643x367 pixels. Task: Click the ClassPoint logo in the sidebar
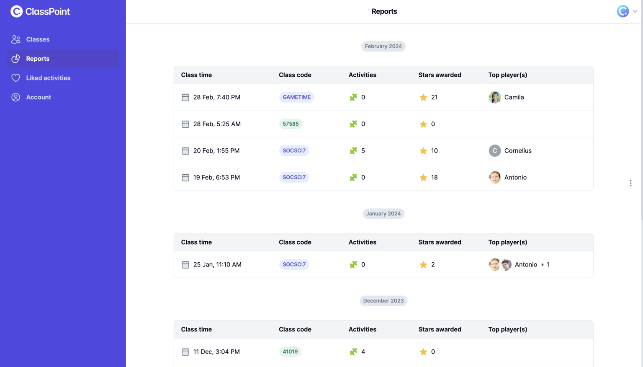tap(40, 12)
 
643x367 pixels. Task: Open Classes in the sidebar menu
tap(38, 39)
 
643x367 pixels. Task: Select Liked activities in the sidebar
tap(48, 78)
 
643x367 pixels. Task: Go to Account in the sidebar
tap(39, 97)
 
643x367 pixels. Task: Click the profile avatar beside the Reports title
tap(622, 11)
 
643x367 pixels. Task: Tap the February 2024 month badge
tap(383, 47)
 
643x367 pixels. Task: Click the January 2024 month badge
tap(383, 214)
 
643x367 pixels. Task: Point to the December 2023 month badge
tap(383, 301)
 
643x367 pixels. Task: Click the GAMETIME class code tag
tap(296, 97)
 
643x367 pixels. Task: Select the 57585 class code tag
tap(291, 124)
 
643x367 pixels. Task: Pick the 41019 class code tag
tap(290, 352)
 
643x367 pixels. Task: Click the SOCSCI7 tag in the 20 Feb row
tap(294, 151)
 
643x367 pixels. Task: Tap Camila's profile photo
tap(494, 97)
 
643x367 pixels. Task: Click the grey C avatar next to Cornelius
tap(494, 151)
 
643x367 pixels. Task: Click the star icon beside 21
tap(423, 98)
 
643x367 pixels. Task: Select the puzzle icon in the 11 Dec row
tap(353, 352)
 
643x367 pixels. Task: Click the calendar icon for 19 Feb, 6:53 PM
tap(185, 178)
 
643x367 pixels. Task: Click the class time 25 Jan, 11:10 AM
tap(217, 265)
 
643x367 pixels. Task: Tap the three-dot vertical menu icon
tap(630, 183)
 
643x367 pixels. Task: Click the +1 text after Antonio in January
tap(545, 265)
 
